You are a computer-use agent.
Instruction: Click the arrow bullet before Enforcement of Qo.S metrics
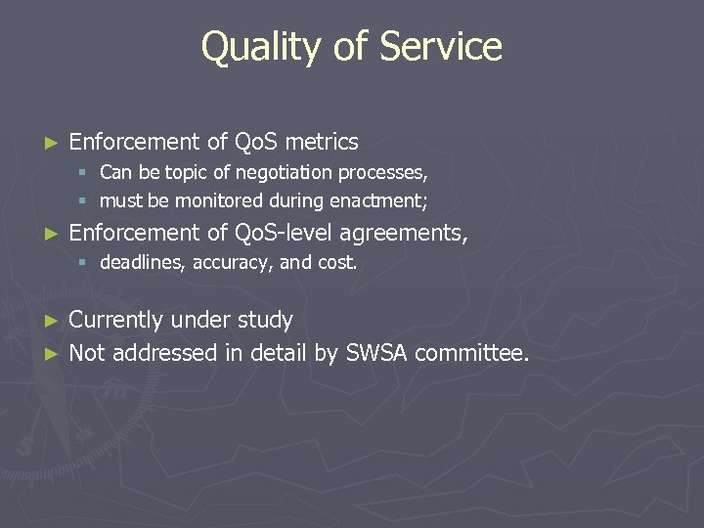click(x=53, y=143)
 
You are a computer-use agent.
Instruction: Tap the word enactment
click(x=381, y=200)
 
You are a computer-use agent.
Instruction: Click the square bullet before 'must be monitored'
click(x=86, y=200)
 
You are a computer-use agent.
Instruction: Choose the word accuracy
click(x=231, y=263)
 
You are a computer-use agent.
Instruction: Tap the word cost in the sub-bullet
click(x=335, y=263)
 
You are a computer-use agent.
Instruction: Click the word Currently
click(x=115, y=320)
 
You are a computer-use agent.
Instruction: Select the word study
click(x=264, y=320)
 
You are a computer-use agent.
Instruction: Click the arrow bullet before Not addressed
click(x=53, y=353)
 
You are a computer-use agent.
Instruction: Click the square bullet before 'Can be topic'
click(x=86, y=173)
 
